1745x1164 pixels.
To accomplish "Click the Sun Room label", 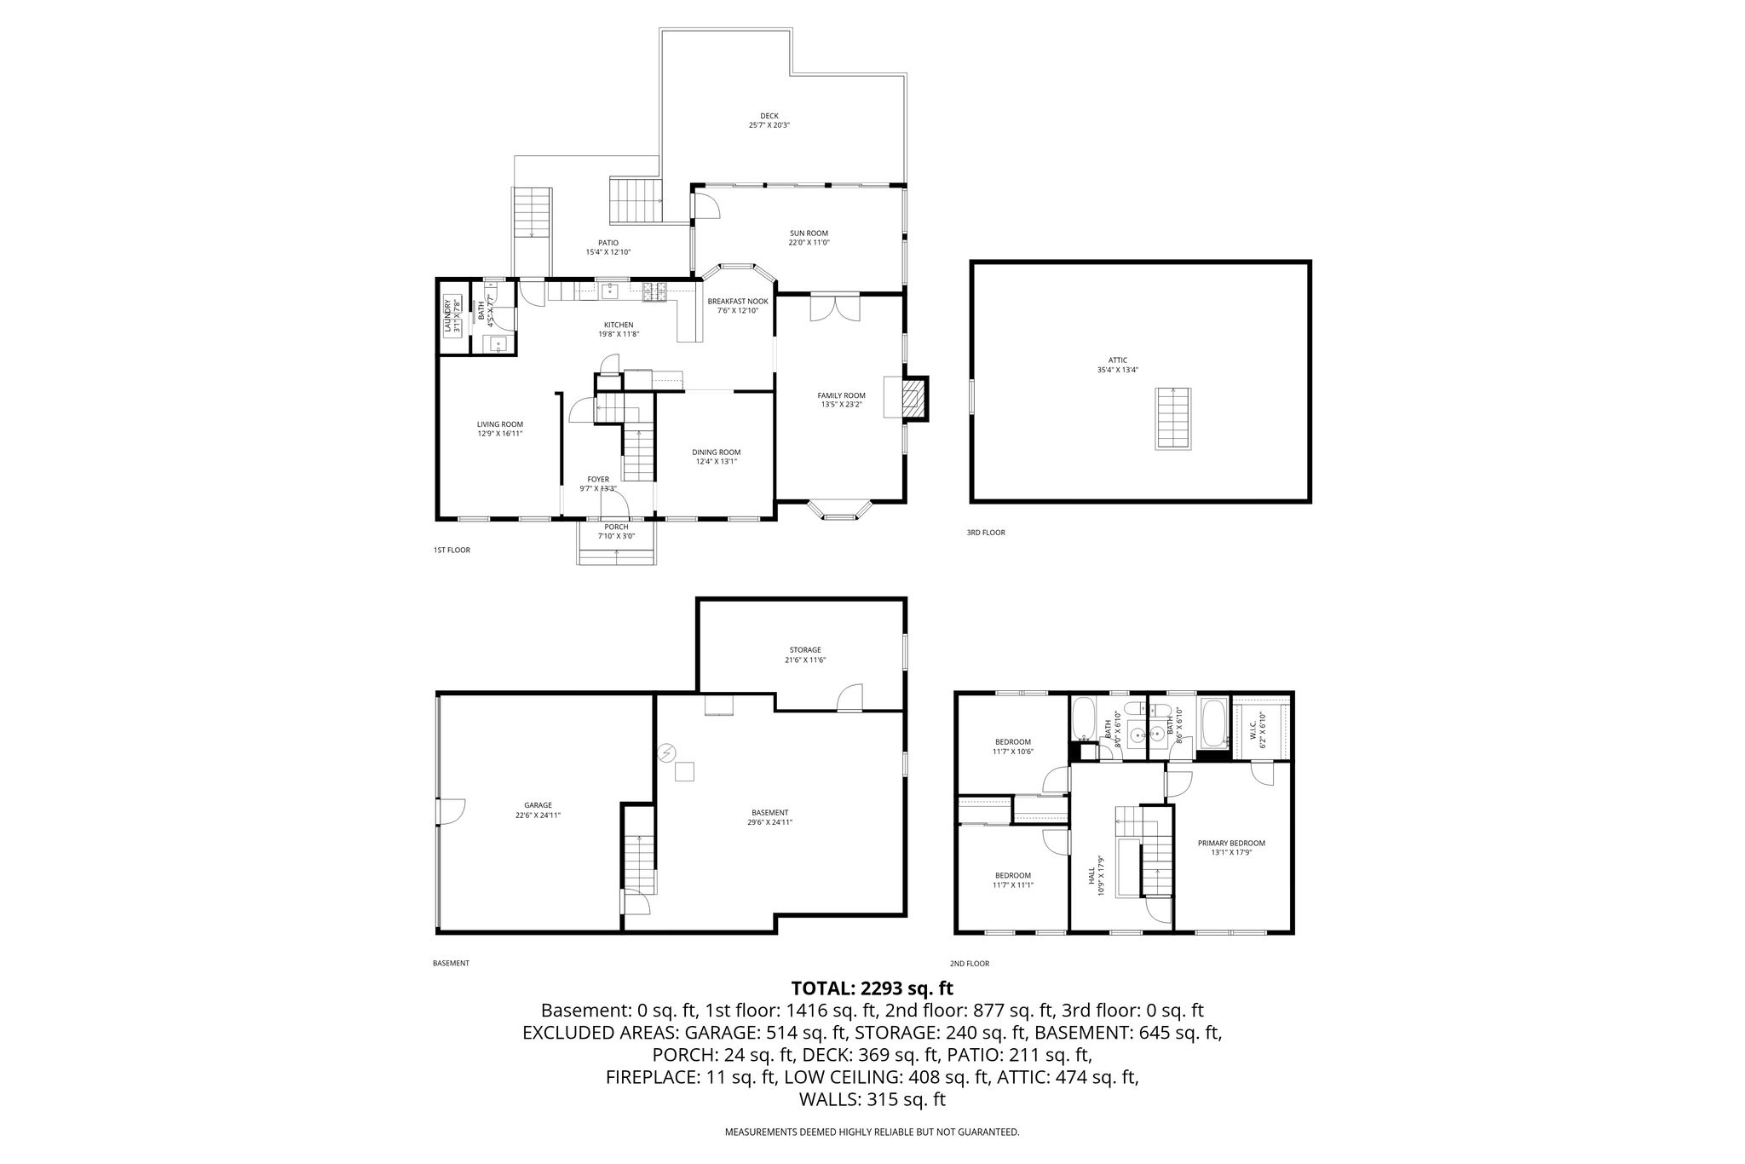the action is (809, 233).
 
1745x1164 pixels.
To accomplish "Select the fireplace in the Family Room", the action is (912, 398).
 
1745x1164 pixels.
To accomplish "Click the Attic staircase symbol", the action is (1173, 418).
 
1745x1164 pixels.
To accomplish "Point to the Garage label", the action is (538, 804).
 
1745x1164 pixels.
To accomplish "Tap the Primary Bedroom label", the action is (1231, 843).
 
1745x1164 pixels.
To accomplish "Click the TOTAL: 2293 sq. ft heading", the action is (872, 988).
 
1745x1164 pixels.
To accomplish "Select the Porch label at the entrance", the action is (616, 527).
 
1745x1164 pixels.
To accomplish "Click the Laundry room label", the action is (447, 315).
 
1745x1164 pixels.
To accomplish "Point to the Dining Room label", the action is (716, 452).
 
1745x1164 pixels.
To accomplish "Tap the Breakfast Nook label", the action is (738, 301).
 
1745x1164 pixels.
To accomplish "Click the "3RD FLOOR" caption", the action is (986, 533).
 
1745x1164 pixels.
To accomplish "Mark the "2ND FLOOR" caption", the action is (970, 964).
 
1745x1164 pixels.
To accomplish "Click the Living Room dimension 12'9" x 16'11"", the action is (499, 434).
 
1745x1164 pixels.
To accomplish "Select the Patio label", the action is (608, 243).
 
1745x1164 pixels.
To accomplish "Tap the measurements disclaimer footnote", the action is (872, 1132).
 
